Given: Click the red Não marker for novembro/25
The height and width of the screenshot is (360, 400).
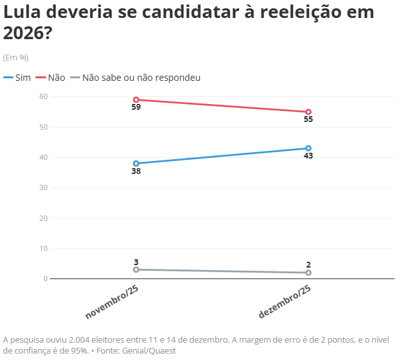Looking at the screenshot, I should (136, 99).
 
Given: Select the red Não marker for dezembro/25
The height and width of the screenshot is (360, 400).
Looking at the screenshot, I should (308, 112).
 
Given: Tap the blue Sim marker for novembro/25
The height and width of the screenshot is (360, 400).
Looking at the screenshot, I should (136, 163).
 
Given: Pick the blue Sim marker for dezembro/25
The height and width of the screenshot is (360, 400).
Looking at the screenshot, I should (308, 148).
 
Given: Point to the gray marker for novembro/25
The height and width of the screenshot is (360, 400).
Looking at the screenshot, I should (136, 270).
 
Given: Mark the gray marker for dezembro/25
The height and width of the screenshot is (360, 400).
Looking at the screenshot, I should (308, 273).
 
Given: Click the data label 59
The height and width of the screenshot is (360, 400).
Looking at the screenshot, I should (136, 107).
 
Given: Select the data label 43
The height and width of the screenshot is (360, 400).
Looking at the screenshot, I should (308, 156).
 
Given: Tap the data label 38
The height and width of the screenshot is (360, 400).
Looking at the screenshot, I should (136, 171).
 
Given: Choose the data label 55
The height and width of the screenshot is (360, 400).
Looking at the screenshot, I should (308, 119).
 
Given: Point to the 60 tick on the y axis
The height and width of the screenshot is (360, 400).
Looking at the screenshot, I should (44, 96).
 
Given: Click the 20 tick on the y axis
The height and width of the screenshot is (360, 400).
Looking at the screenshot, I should (44, 218).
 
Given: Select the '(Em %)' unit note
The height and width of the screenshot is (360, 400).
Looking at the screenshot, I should (16, 57).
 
